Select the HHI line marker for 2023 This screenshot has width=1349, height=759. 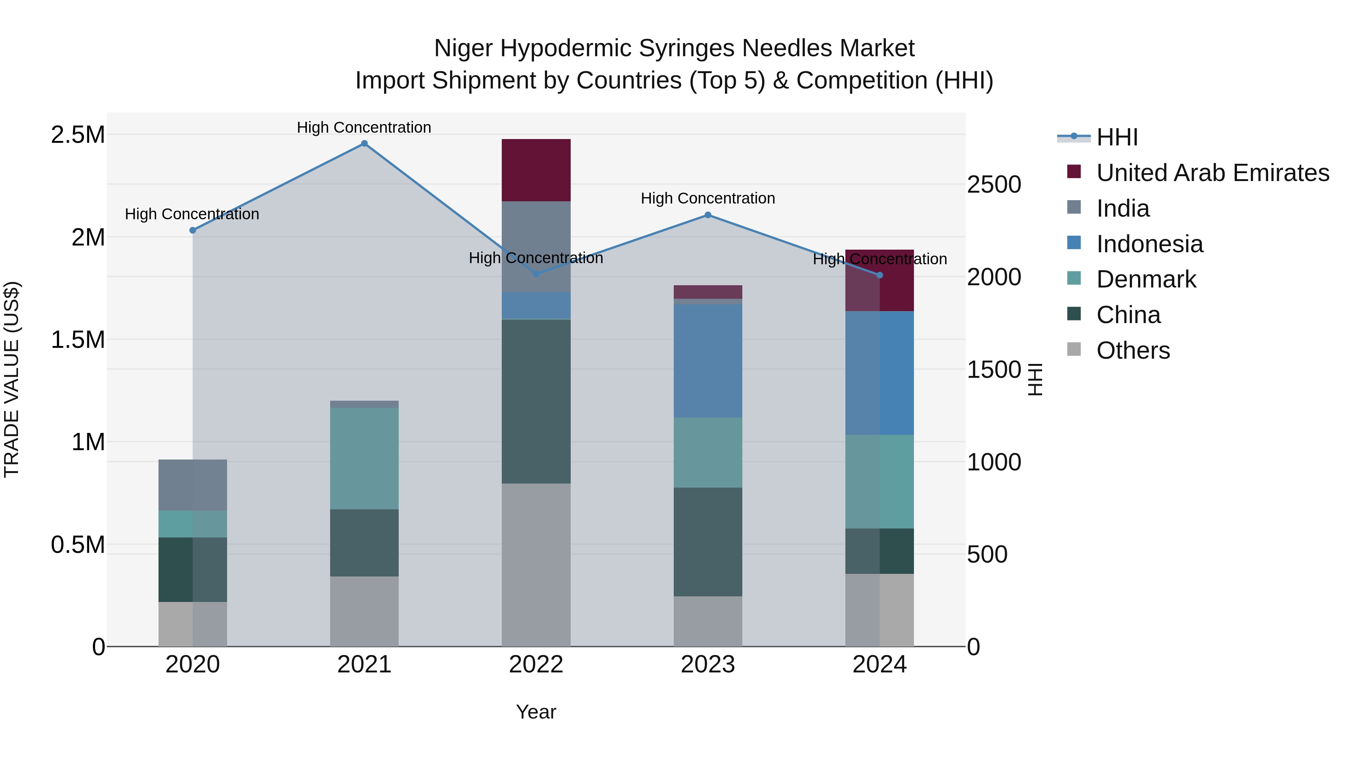(x=707, y=215)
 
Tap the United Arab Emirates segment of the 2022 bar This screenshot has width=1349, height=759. (x=536, y=170)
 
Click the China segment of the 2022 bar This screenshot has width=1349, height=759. (x=536, y=401)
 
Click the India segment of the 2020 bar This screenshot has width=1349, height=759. (x=193, y=485)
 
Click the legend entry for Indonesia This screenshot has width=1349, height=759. (x=1150, y=244)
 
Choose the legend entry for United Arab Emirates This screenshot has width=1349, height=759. (x=1212, y=173)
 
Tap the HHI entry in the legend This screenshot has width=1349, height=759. (x=1117, y=137)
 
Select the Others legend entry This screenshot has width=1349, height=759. (x=1133, y=350)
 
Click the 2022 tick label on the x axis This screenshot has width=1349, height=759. (x=536, y=665)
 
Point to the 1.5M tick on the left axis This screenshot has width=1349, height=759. (x=78, y=340)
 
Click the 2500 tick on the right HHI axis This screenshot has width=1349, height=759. (x=993, y=184)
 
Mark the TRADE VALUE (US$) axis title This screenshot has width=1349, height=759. (x=12, y=379)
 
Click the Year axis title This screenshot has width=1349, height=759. (x=536, y=712)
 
